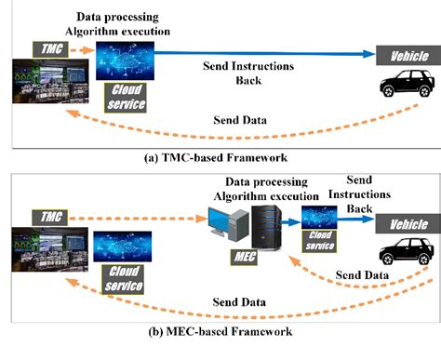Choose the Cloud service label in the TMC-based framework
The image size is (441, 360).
pos(129,94)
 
